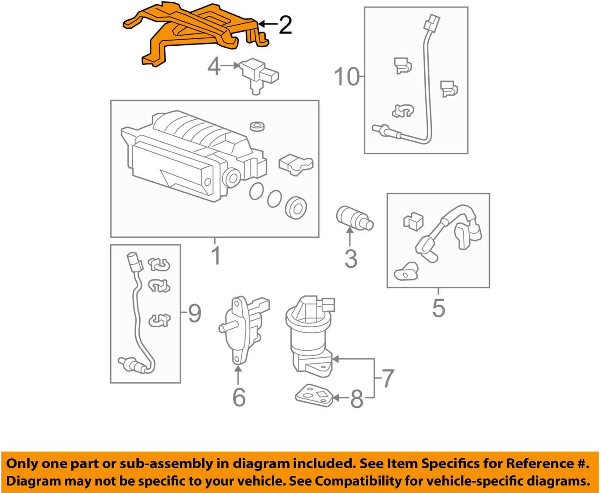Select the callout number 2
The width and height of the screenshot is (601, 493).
pos(285,25)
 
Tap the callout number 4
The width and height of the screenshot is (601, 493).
pos(214,67)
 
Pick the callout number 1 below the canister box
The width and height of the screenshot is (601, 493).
pos(215,256)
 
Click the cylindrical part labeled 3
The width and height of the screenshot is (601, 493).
pos(353,218)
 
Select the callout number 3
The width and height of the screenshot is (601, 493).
pos(351,259)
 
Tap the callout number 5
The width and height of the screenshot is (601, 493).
pos(438,308)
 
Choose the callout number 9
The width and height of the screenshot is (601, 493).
pos(194,314)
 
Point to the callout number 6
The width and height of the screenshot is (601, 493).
pos(238,397)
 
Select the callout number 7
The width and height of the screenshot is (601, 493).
pos(387,378)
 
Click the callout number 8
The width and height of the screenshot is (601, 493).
pos(356,399)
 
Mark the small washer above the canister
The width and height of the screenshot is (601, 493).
pos(257,126)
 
